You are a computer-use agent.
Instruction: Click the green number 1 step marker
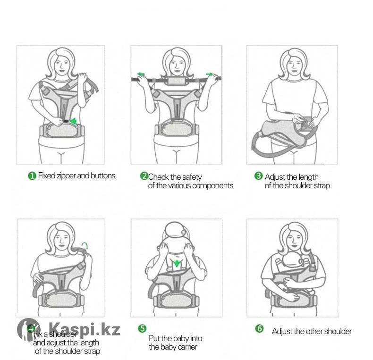point(32,176)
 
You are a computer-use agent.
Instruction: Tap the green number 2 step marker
point(144,176)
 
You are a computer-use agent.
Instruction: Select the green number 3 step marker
point(258,176)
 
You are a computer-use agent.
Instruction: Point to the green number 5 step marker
point(142,328)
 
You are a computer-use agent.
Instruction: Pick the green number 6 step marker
point(259,328)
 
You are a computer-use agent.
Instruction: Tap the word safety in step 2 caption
point(192,177)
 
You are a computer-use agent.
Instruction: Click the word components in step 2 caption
point(212,186)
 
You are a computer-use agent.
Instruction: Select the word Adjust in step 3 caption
point(275,177)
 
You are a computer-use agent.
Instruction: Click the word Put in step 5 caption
point(154,338)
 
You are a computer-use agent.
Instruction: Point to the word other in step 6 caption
point(315,332)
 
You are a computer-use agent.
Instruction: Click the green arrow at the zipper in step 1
point(73,121)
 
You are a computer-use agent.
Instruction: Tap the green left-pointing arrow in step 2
point(141,74)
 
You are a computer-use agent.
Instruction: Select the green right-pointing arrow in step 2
point(210,74)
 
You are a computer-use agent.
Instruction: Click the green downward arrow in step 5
point(176,263)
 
